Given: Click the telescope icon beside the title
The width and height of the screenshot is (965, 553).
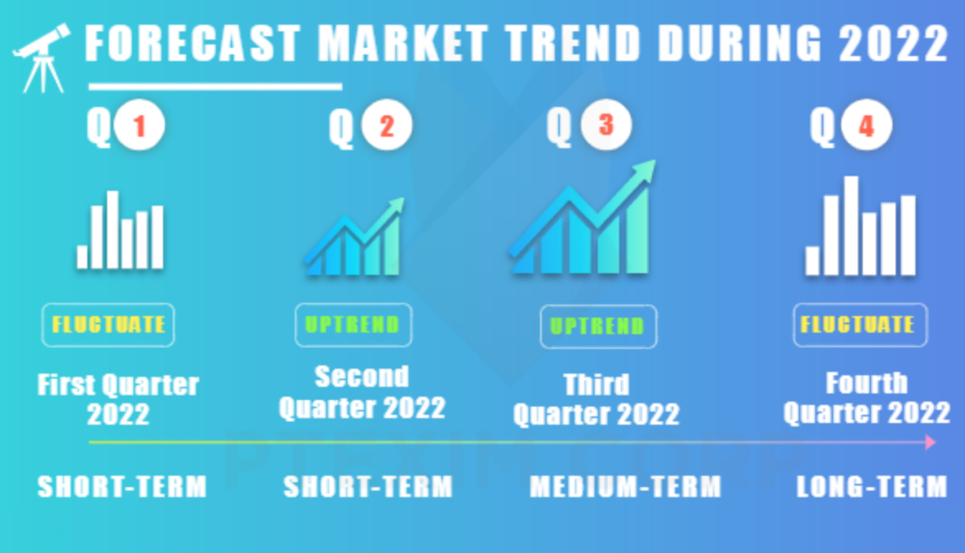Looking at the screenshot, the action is click(x=41, y=58).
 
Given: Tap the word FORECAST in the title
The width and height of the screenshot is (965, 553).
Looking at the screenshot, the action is click(x=192, y=43).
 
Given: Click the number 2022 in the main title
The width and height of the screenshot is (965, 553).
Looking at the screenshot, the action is click(x=893, y=43).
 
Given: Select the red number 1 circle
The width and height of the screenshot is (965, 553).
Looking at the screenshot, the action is click(x=139, y=125).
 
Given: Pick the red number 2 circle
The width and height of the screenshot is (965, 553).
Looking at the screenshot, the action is click(x=387, y=125).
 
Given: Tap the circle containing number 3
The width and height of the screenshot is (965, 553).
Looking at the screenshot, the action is click(x=606, y=125).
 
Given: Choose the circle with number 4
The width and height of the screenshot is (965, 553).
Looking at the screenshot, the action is click(x=867, y=125).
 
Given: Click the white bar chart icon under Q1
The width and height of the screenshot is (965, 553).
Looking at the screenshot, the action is click(x=121, y=230).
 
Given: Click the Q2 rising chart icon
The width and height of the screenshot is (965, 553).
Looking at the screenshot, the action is click(x=354, y=236).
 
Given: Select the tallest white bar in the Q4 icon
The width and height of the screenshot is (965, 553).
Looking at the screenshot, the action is click(x=851, y=226).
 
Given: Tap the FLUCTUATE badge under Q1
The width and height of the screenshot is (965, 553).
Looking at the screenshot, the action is click(x=108, y=325).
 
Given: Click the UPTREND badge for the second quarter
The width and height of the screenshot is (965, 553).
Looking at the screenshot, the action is click(x=353, y=325).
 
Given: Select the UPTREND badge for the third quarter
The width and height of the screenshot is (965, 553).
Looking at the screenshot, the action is click(x=598, y=326).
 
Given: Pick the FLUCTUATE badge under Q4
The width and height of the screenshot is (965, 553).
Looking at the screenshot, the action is click(x=860, y=325).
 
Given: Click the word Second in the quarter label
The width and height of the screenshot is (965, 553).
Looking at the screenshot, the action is click(x=362, y=377).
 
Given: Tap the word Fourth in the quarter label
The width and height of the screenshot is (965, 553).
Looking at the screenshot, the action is click(x=867, y=383).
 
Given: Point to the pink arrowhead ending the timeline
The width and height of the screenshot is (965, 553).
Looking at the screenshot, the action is click(x=930, y=442).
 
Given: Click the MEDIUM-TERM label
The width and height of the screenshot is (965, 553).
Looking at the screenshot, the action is click(x=626, y=487).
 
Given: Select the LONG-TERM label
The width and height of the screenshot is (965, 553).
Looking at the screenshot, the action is click(x=872, y=487).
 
